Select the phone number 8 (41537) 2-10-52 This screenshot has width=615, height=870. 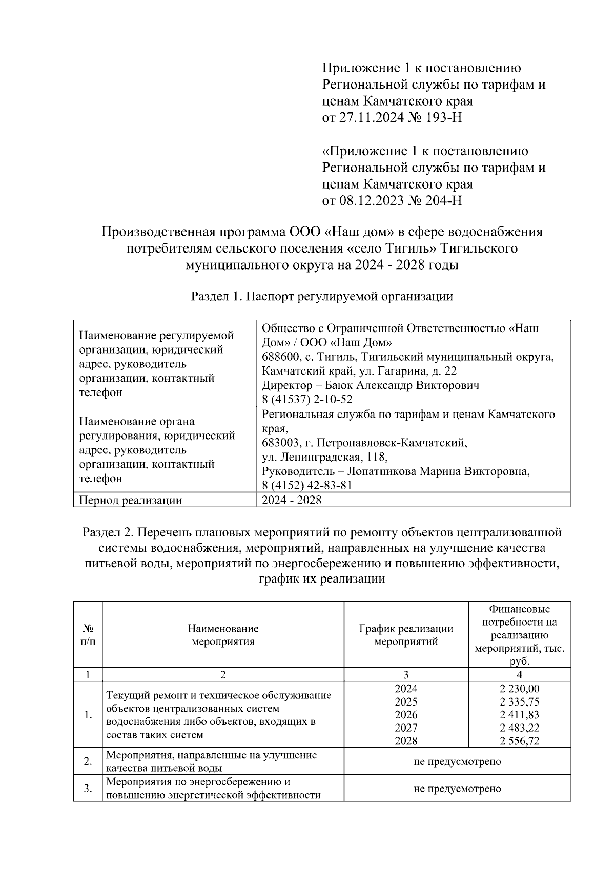pyautogui.click(x=307, y=399)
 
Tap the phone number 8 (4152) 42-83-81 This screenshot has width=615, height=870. pyautogui.click(x=307, y=485)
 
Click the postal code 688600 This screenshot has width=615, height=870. pyautogui.click(x=279, y=356)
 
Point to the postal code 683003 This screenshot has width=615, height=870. pyautogui.click(x=279, y=442)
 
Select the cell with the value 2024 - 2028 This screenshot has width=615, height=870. pyautogui.click(x=292, y=500)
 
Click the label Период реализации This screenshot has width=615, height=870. pyautogui.click(x=131, y=500)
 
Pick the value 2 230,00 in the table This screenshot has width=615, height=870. pyautogui.click(x=519, y=689)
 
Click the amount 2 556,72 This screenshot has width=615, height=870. pyautogui.click(x=519, y=741)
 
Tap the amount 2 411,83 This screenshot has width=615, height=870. pyautogui.click(x=519, y=715)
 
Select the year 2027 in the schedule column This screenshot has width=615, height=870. pyautogui.click(x=406, y=728)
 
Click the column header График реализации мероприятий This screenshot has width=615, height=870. pyautogui.click(x=406, y=635)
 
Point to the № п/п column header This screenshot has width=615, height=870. pyautogui.click(x=88, y=635)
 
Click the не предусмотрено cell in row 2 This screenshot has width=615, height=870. pyautogui.click(x=457, y=761)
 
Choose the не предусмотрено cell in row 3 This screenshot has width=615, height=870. pyautogui.click(x=457, y=789)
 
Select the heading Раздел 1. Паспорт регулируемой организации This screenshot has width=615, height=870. pyautogui.click(x=322, y=296)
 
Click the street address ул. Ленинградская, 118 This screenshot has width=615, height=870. pyautogui.click(x=324, y=457)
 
